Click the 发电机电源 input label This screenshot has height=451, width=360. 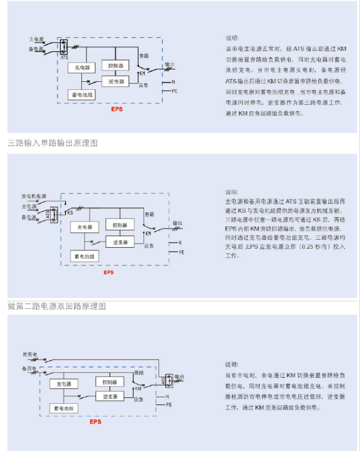(x=34, y=197)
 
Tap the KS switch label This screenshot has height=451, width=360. (x=70, y=212)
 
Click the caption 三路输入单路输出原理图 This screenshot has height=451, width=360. (x=53, y=143)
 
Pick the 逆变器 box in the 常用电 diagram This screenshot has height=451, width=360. (x=109, y=396)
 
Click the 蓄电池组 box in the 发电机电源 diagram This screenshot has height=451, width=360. (x=84, y=256)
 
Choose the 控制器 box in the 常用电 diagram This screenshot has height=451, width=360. (x=109, y=382)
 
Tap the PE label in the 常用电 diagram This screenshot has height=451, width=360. (x=168, y=405)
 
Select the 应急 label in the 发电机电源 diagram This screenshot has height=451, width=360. (x=149, y=246)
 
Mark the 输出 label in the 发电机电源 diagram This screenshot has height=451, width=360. (x=177, y=223)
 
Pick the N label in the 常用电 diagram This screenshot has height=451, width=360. (x=167, y=396)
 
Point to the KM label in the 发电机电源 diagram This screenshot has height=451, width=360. (x=148, y=233)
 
